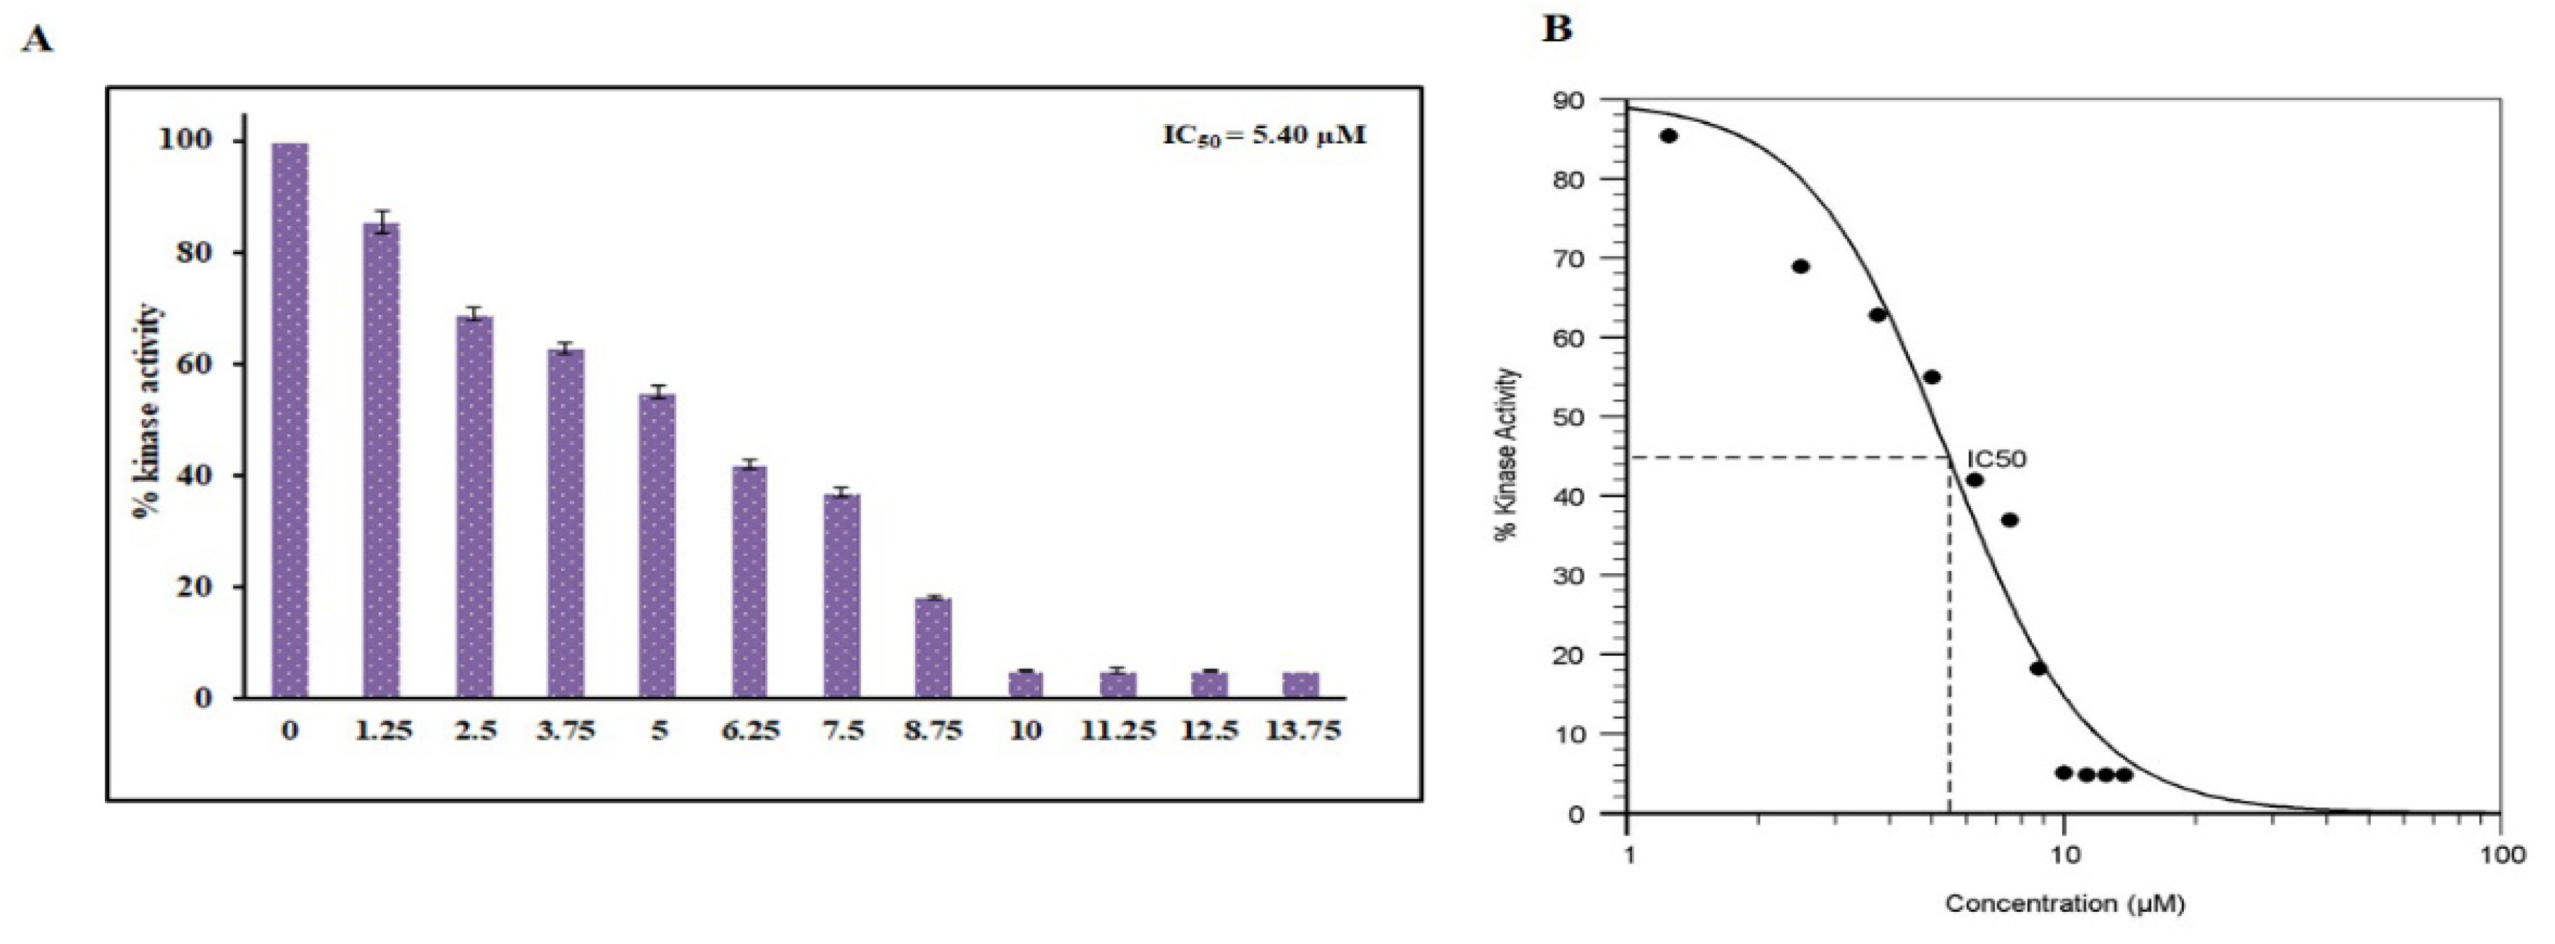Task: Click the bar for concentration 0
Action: [290, 421]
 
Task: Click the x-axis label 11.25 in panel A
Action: [1117, 731]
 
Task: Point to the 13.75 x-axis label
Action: [1302, 731]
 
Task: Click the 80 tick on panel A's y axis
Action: [186, 252]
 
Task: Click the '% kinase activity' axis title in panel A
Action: [148, 411]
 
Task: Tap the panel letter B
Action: [1557, 30]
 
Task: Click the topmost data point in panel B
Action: [1669, 136]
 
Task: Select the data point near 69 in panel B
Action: [1801, 267]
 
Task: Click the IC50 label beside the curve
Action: [1996, 459]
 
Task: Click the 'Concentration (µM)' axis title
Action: [2064, 903]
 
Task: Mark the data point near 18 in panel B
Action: [2038, 668]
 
